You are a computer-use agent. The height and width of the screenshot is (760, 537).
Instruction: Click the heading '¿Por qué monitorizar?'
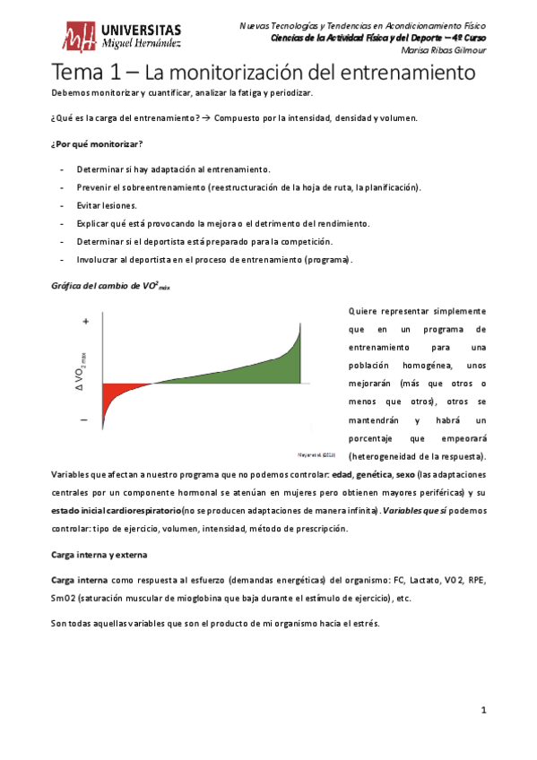99,145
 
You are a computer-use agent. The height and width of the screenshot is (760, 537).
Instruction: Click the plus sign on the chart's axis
85,321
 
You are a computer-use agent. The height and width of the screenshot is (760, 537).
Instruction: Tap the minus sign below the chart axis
84,419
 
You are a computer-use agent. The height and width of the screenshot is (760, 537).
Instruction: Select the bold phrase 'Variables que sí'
411,510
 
